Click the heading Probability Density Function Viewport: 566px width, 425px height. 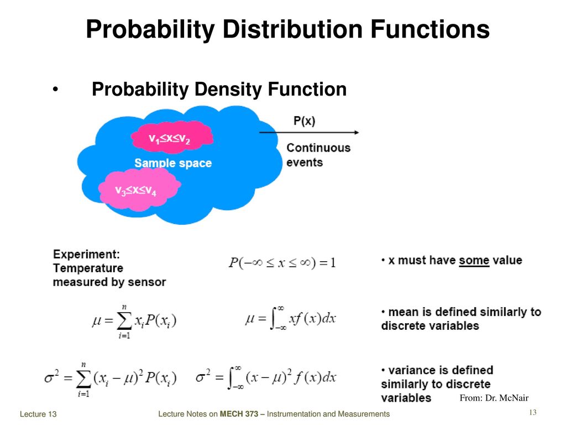pos(219,89)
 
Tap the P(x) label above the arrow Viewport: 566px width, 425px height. pos(305,121)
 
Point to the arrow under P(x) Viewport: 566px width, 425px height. pos(309,132)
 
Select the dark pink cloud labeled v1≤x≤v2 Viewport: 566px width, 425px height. pos(172,137)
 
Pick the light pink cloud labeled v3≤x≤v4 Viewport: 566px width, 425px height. pos(139,189)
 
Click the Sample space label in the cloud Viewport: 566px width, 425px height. pos(173,163)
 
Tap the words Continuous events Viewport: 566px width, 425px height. pos(318,155)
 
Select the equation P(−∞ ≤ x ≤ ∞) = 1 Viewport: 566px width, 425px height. pos(282,262)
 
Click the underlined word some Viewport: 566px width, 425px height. pos(474,261)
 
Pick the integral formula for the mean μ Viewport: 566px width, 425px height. pos(291,318)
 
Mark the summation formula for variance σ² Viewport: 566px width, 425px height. pos(111,380)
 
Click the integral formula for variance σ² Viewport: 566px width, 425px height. pos(266,377)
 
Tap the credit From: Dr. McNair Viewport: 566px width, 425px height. pos(494,398)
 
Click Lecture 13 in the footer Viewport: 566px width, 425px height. pos(38,414)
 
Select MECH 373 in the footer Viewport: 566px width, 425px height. pos(239,414)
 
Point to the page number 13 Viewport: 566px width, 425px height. pos(533,412)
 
